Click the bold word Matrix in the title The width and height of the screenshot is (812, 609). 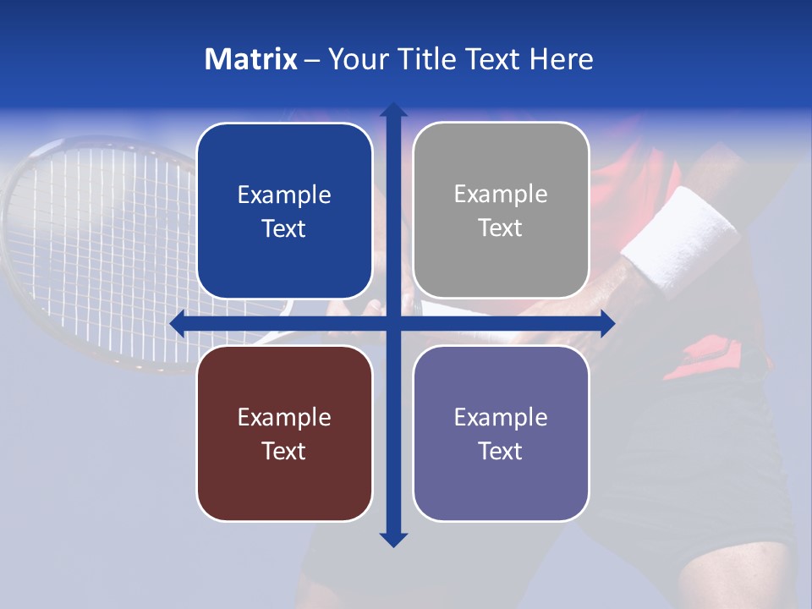click(x=251, y=59)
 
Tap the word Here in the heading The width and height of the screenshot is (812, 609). click(x=562, y=59)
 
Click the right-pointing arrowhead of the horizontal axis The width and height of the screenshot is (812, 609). click(x=606, y=323)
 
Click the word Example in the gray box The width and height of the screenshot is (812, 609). click(x=501, y=195)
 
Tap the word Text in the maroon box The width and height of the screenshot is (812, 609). click(x=283, y=451)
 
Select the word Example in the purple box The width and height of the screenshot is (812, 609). click(x=501, y=417)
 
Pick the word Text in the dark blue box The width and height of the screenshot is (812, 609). click(x=283, y=228)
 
